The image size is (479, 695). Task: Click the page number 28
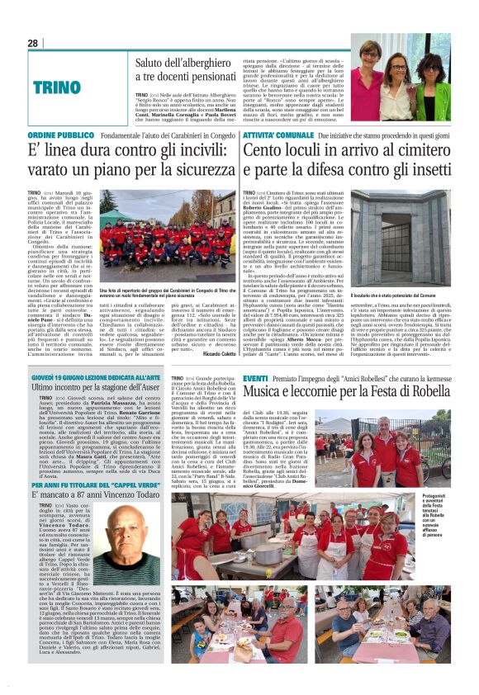33,43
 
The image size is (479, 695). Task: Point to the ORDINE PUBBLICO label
60,134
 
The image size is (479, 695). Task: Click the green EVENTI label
255,377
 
